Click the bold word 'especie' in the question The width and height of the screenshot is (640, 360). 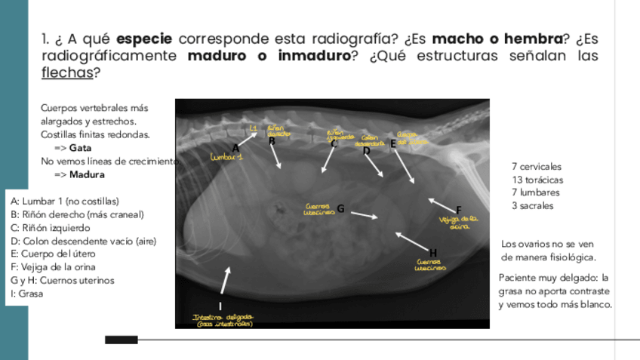145,38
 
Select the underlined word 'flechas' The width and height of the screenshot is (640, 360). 66,73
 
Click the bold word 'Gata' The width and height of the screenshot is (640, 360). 80,148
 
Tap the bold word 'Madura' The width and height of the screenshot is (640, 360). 87,174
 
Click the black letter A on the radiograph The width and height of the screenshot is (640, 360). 235,147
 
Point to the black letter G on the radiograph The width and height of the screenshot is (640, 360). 340,208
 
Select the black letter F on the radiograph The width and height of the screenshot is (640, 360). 458,210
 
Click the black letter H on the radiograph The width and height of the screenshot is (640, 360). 433,252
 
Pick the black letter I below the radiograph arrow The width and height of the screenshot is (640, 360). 220,306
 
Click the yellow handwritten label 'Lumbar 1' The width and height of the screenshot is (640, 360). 226,158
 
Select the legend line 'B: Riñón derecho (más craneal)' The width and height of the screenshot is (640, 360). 77,214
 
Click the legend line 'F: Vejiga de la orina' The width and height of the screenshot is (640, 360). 54,267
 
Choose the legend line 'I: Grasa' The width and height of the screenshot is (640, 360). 27,294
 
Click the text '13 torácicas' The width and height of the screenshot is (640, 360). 537,180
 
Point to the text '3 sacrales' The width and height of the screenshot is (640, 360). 532,205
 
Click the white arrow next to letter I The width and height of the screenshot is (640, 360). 226,282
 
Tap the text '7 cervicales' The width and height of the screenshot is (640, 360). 536,167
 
